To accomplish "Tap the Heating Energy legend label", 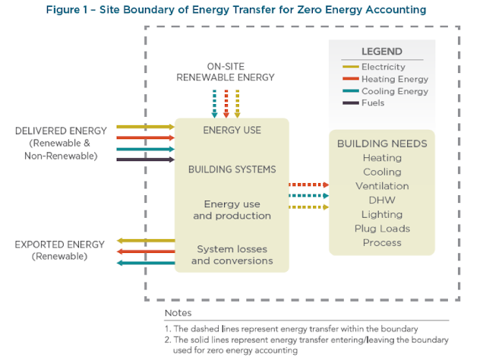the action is [395, 79].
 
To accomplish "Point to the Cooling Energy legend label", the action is [395, 91].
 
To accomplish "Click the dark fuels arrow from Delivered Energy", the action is [146, 159].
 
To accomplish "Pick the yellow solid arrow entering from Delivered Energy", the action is [146, 127].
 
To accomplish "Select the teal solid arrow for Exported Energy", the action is [146, 263].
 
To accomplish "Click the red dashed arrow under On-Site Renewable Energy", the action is [226, 104].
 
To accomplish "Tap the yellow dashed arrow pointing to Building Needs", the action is [309, 207].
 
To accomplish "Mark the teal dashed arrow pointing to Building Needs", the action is [309, 196].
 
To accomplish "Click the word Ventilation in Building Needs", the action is [382, 186].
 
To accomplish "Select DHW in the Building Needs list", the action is [382, 200].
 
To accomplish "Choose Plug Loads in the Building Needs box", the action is [382, 229].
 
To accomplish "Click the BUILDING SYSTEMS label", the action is [232, 169].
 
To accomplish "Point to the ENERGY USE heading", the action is [232, 130].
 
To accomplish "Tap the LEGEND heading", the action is [382, 52].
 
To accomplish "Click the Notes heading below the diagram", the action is [178, 313].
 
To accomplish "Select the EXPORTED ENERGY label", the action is [59, 245].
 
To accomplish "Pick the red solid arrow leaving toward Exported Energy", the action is [146, 251].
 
